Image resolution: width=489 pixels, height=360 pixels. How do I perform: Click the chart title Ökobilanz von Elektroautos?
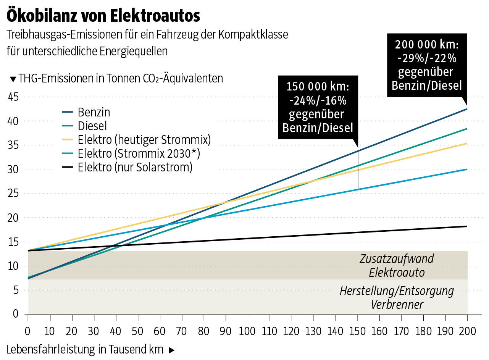click(x=103, y=16)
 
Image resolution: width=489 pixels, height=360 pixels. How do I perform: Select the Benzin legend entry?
click(x=94, y=112)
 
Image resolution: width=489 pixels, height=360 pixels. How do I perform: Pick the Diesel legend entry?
click(x=92, y=126)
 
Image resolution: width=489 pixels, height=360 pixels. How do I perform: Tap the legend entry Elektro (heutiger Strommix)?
click(x=144, y=139)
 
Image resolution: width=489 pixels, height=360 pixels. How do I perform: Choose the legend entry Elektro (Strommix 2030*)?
click(x=139, y=153)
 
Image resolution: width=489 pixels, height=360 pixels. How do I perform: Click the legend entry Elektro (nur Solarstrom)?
click(x=135, y=167)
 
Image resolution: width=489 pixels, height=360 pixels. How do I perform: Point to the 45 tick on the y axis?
click(x=13, y=97)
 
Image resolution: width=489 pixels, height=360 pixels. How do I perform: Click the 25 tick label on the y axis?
click(x=13, y=194)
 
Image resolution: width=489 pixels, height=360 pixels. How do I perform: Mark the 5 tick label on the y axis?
click(x=16, y=290)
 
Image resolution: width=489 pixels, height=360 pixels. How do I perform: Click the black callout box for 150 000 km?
click(x=318, y=107)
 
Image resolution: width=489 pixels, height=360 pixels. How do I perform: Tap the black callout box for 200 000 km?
click(x=427, y=65)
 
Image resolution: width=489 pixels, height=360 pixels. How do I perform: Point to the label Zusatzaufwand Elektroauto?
click(x=397, y=265)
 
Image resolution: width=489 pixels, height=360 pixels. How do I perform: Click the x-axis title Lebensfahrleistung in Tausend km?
click(x=85, y=349)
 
